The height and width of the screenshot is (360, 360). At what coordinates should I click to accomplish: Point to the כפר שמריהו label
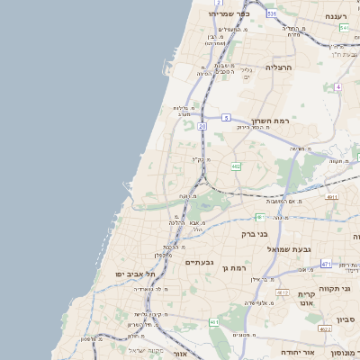click(x=228, y=14)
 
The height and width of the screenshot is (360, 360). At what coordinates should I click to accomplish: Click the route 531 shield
click(x=272, y=14)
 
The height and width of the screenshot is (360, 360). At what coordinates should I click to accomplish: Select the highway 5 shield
click(x=228, y=117)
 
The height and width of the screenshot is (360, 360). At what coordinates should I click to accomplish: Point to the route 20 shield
click(x=202, y=127)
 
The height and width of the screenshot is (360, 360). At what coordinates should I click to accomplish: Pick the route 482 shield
click(x=236, y=166)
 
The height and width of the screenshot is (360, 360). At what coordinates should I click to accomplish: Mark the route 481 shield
click(x=259, y=216)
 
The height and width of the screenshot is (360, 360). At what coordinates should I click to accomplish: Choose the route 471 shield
click(x=326, y=264)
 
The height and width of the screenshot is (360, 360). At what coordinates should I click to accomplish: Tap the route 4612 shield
click(x=283, y=293)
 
